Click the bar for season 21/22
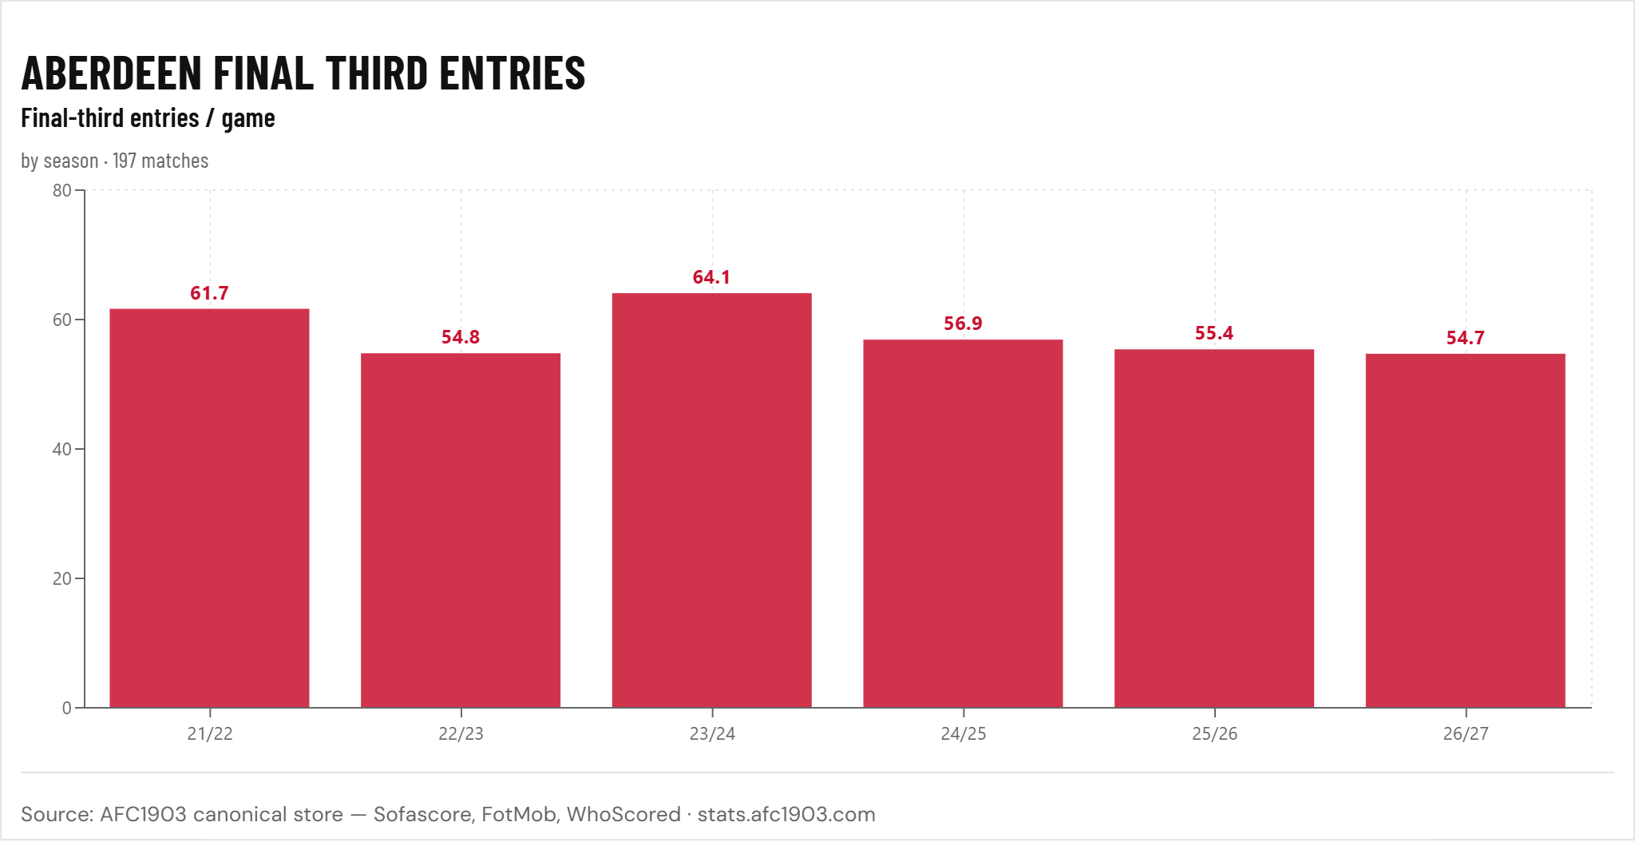click(209, 508)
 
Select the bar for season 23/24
click(712, 500)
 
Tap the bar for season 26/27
click(1466, 530)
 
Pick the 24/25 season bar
click(963, 523)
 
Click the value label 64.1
click(711, 277)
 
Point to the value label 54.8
click(461, 337)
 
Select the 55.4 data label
click(1214, 333)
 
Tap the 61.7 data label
click(209, 293)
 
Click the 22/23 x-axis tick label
click(461, 733)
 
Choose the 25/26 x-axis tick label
click(1214, 733)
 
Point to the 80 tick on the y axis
click(61, 190)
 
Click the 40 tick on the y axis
click(61, 449)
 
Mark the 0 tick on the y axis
click(67, 708)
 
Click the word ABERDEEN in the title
click(112, 73)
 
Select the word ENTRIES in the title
click(513, 73)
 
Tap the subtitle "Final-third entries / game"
click(148, 118)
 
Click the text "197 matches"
click(160, 161)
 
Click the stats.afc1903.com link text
click(786, 814)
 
